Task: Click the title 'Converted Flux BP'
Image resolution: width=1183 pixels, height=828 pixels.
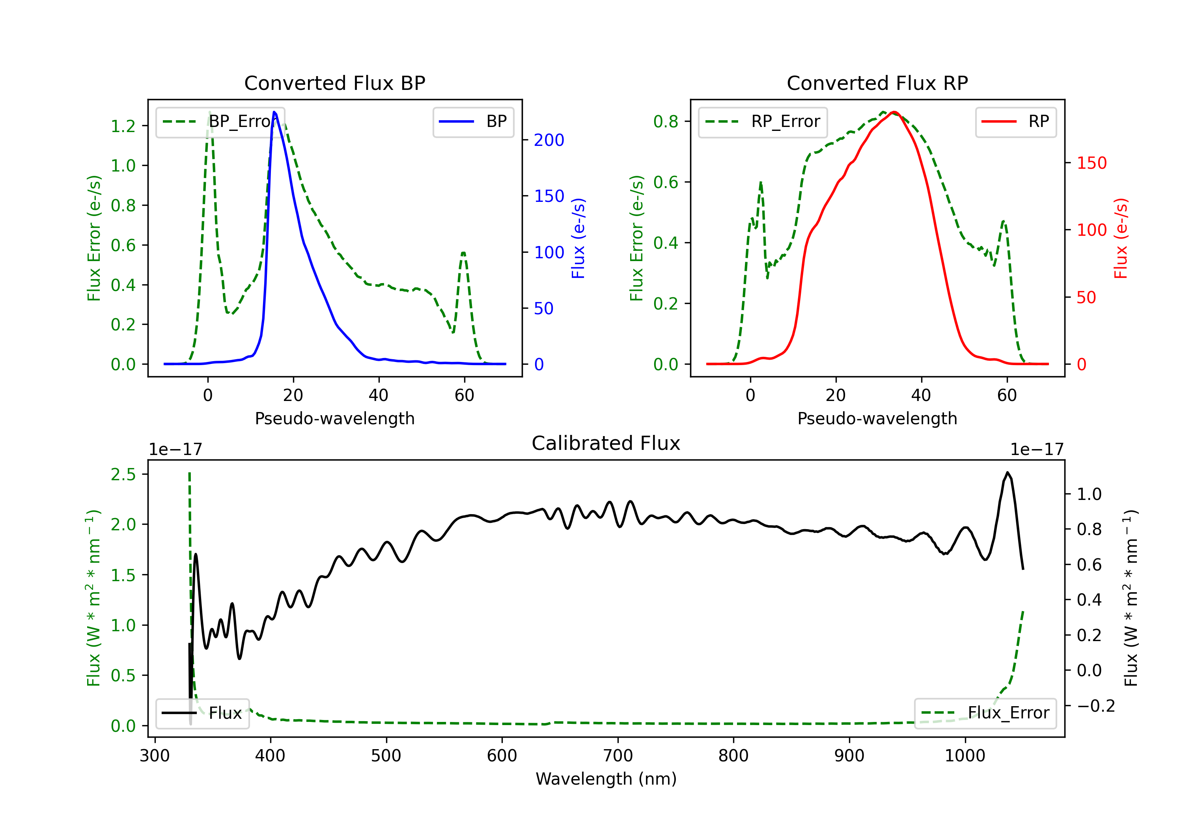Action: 335,83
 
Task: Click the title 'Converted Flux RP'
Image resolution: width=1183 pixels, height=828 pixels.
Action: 877,83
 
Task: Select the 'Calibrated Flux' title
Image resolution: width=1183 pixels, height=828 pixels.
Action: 606,443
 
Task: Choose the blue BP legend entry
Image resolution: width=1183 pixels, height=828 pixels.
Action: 473,121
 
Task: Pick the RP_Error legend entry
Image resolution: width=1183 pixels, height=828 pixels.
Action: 763,121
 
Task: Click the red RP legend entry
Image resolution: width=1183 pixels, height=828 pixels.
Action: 1015,121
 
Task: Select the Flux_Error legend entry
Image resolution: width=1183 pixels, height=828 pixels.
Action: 985,713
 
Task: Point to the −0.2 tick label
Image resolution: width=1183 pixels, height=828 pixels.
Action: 1096,706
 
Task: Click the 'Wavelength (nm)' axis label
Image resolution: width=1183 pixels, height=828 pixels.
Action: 606,779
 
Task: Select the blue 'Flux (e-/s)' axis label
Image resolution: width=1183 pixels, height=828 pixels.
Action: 578,239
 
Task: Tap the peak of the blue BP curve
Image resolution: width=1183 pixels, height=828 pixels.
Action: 274,112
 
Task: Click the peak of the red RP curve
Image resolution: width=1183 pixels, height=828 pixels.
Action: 894,112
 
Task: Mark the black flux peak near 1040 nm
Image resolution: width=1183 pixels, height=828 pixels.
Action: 1007,472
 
